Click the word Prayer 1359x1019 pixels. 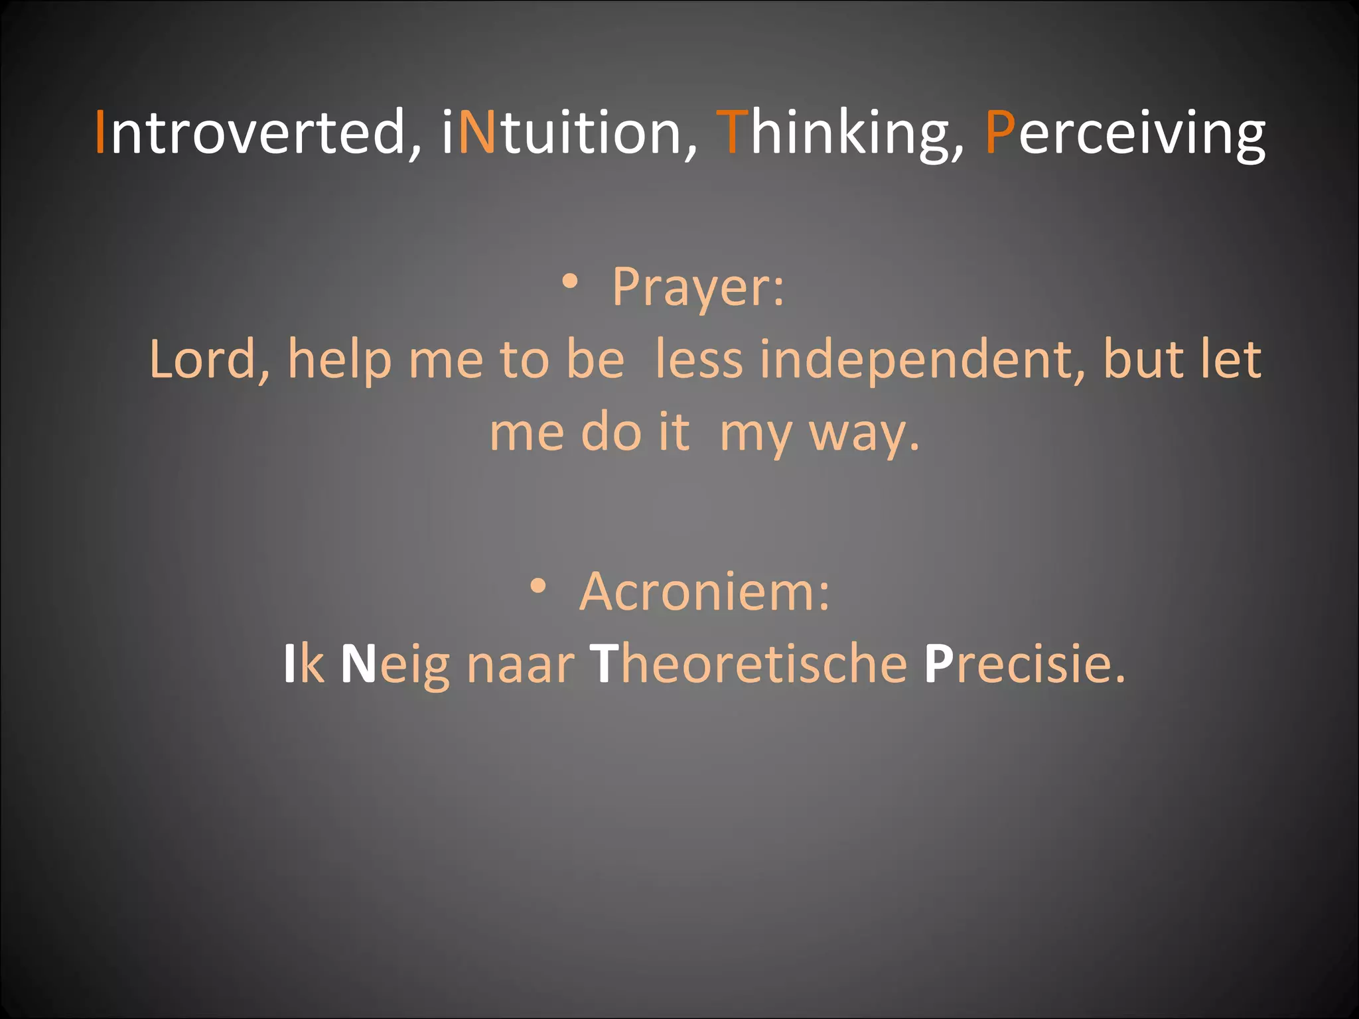tap(697, 287)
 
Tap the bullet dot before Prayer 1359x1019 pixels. tap(570, 281)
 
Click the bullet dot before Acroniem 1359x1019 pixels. tap(538, 586)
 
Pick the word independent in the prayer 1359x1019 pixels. tap(922, 360)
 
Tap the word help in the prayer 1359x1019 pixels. tap(339, 360)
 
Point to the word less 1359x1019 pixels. tap(699, 360)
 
